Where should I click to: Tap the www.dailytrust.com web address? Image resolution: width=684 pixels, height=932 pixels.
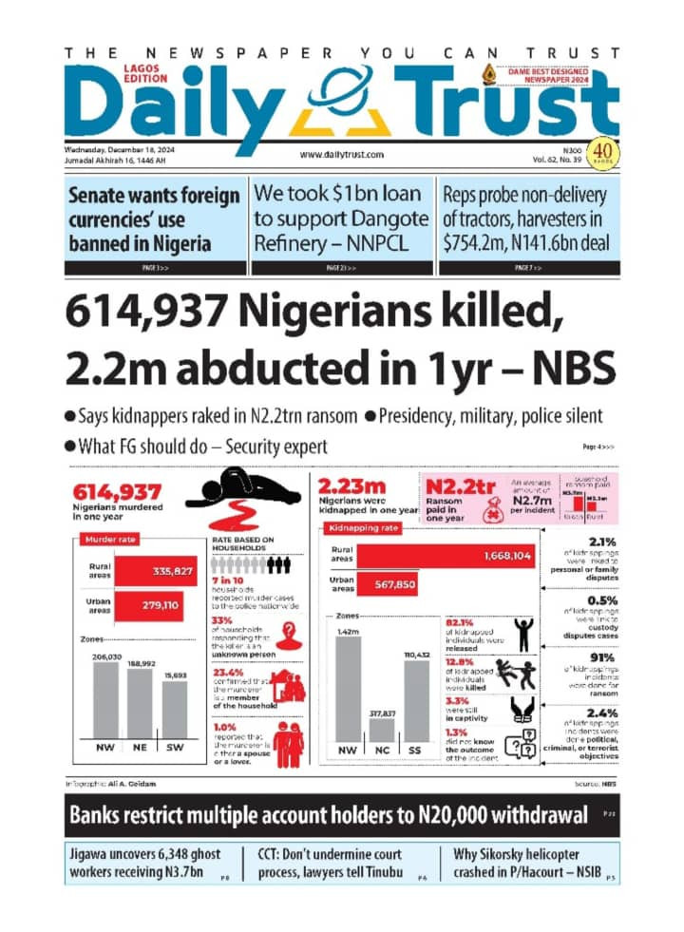341,154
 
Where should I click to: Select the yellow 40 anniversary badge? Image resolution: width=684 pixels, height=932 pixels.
600,152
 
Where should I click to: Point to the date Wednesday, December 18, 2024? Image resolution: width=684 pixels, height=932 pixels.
120,149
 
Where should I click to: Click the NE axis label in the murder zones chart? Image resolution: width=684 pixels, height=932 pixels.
139,748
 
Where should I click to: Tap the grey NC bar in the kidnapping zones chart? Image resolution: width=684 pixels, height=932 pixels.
381,730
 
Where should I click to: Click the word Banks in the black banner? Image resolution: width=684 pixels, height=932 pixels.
100,816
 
